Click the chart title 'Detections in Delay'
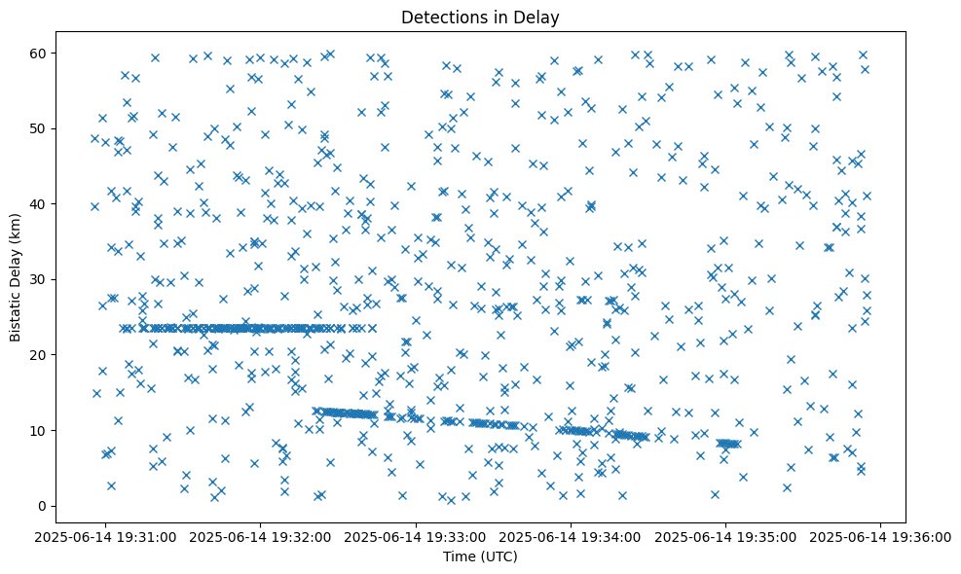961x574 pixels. (x=480, y=17)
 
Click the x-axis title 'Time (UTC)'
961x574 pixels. (x=480, y=557)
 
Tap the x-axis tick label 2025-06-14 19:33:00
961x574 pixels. (x=417, y=536)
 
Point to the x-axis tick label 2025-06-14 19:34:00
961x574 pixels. (x=572, y=536)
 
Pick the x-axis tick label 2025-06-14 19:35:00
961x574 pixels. (x=726, y=536)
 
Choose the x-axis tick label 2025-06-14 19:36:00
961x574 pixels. (x=881, y=536)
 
